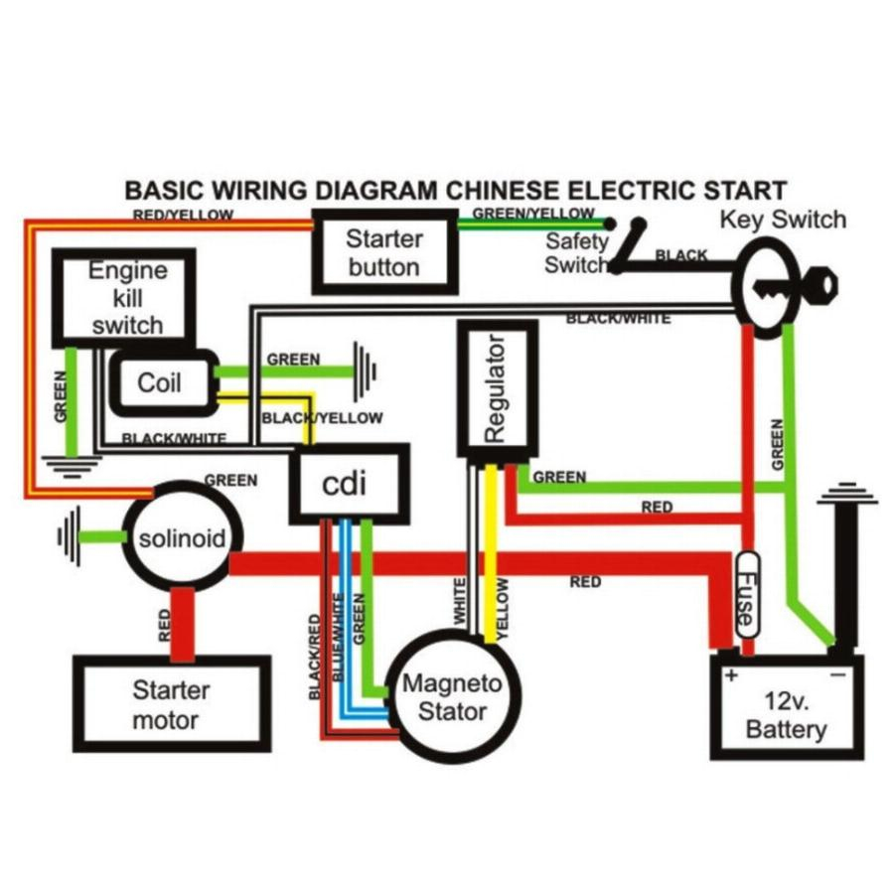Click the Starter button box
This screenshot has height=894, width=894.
tap(383, 252)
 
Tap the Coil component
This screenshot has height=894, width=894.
tap(160, 382)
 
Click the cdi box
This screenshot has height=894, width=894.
tap(347, 485)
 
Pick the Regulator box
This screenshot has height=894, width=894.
tap(496, 387)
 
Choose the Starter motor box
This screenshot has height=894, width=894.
tap(171, 704)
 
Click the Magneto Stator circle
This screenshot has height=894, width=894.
tap(452, 696)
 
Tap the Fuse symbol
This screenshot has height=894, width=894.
tap(745, 595)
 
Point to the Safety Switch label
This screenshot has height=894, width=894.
tap(575, 253)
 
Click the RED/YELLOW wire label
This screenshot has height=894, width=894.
tap(183, 215)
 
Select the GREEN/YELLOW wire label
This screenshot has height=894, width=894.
tap(532, 213)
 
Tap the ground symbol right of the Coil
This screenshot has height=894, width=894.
tap(366, 373)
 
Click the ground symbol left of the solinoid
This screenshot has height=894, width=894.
tap(70, 537)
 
